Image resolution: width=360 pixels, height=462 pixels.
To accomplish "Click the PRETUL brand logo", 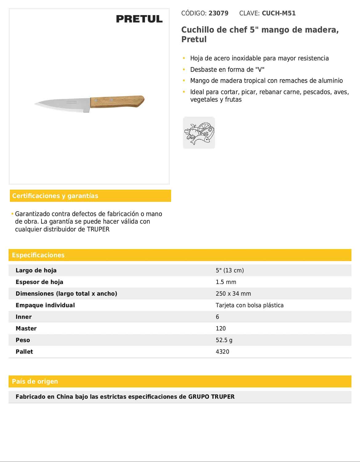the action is coord(139,19).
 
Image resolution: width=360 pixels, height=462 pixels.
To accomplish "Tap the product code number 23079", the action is coord(218,13).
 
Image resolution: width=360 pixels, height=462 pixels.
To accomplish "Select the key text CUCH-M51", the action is coord(278,13).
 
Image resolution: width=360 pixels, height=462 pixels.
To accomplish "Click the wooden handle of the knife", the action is coord(117,101).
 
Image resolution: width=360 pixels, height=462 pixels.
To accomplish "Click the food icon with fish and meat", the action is coord(199,133).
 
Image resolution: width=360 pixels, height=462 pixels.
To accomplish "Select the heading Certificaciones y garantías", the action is coord(55,196).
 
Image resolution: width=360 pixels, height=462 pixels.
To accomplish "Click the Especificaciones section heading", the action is coord(38,255).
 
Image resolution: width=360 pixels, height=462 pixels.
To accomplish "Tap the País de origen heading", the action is coord(35,381).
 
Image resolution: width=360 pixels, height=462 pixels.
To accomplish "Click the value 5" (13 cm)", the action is coord(230,270).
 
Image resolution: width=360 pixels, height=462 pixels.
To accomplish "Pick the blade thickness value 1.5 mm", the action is coord(226,282).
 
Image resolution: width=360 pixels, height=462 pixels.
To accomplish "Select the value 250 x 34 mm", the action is coord(233,294).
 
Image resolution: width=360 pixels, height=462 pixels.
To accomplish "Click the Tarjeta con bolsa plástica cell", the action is coord(250,305).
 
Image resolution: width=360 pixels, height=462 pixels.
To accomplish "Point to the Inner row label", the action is coord(24,317).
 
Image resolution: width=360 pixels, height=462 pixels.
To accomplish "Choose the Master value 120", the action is coord(221,329).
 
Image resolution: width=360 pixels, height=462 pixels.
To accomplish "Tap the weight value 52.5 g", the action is coord(224,340).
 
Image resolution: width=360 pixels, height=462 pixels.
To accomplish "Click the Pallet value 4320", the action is coord(222,352).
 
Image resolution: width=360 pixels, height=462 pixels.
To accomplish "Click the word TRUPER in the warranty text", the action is coord(98,229).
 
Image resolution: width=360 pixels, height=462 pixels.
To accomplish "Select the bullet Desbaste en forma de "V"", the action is coord(227,70).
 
